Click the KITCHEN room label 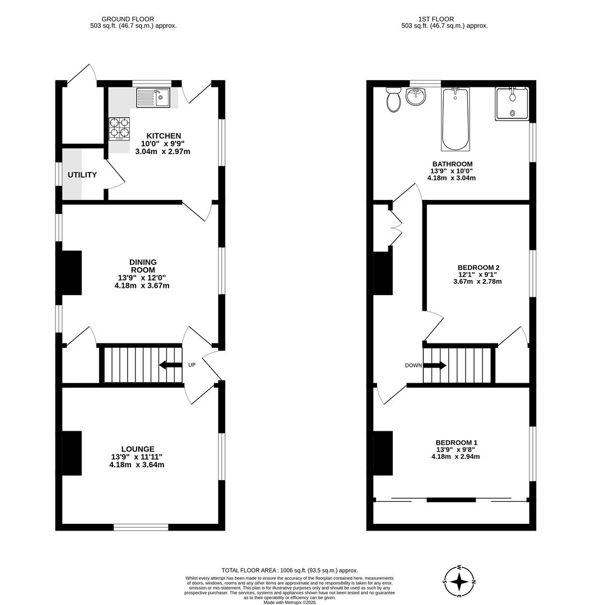click(x=163, y=136)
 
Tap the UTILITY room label click(x=82, y=175)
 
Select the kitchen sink click(x=153, y=97)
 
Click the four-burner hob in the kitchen click(x=119, y=129)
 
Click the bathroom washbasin click(x=416, y=96)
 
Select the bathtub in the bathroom click(x=456, y=119)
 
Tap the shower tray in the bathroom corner click(x=512, y=104)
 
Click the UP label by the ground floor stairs click(x=191, y=365)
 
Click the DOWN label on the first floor click(x=413, y=365)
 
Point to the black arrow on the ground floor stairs click(x=170, y=365)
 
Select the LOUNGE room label click(x=138, y=449)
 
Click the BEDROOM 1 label click(x=457, y=443)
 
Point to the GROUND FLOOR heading click(x=128, y=19)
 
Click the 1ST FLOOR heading click(x=436, y=19)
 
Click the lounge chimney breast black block click(x=72, y=453)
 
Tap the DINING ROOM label click(x=143, y=266)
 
